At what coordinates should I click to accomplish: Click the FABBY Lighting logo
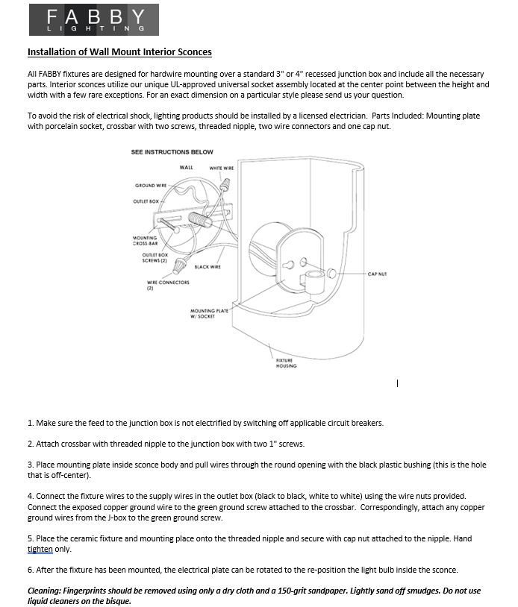(x=93, y=20)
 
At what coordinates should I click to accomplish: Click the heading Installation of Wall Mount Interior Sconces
(x=119, y=52)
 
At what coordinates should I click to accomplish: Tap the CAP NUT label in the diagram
(x=377, y=274)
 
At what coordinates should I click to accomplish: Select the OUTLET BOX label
(x=146, y=201)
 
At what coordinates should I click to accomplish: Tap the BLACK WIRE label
(x=207, y=266)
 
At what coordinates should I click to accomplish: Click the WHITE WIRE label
(x=221, y=168)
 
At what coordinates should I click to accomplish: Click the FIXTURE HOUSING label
(x=286, y=363)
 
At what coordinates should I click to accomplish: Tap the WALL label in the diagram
(x=186, y=167)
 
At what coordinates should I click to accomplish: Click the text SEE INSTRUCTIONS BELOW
(x=172, y=151)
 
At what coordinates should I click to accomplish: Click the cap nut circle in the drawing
(x=331, y=274)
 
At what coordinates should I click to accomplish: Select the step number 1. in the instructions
(x=31, y=423)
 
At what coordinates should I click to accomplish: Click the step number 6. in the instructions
(x=31, y=570)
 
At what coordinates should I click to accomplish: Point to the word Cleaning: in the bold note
(x=45, y=591)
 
